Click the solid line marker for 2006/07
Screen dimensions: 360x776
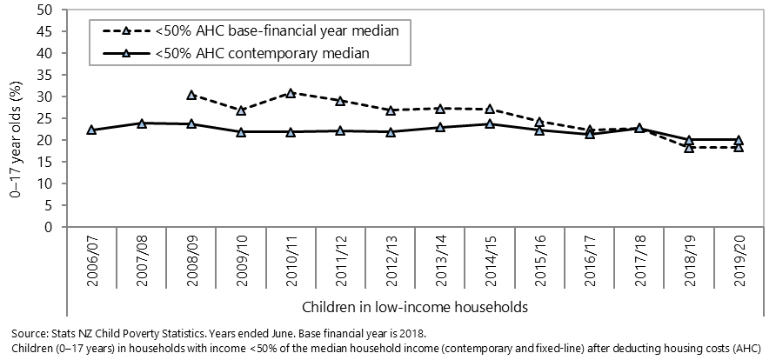[x=91, y=130]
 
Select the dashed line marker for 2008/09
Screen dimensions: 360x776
[x=191, y=95]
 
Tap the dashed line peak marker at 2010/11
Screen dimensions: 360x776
[x=291, y=92]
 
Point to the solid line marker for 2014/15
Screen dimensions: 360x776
[x=491, y=123]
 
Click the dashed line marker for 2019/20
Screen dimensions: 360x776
[x=739, y=147]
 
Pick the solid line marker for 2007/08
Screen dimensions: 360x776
[x=141, y=123]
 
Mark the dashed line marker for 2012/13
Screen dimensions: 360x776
[x=391, y=110]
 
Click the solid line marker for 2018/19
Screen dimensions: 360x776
[x=689, y=139]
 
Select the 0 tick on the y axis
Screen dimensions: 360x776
[x=50, y=228]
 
